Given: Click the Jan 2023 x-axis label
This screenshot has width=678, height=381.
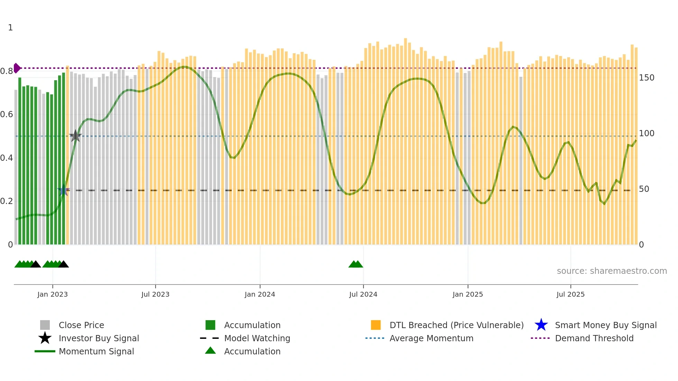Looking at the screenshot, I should pos(53,294).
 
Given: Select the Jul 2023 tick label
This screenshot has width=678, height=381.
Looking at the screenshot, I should pos(155,294).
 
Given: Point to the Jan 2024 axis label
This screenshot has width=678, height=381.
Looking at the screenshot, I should pos(260,294).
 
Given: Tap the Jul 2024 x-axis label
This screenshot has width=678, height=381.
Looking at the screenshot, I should pos(363,294).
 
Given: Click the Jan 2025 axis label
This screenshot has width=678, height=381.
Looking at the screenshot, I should pos(468,294).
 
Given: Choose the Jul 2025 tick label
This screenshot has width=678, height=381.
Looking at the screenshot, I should pos(570,294).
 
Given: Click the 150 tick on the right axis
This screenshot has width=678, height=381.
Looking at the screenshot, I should pos(647,78).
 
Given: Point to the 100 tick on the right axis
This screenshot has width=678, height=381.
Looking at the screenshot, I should pos(647,133).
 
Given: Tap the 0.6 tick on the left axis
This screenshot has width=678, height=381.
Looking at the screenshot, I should pos(7,114).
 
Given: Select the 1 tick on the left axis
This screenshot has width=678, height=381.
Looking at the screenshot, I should pos(10,28).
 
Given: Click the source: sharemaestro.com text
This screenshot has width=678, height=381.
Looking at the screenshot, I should pos(612,271).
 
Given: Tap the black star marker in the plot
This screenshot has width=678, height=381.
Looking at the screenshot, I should pos(75,136).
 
